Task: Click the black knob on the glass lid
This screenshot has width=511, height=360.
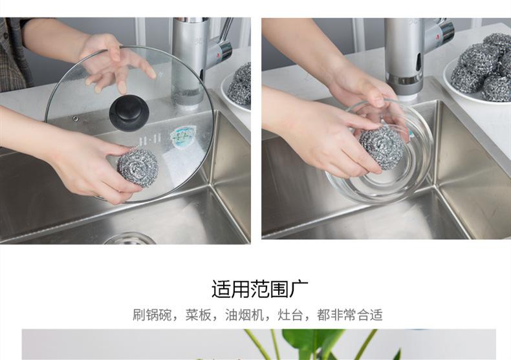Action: pyautogui.click(x=129, y=112)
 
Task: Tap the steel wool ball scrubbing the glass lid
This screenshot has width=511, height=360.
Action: pyautogui.click(x=138, y=167)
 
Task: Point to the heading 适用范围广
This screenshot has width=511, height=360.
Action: pyautogui.click(x=260, y=289)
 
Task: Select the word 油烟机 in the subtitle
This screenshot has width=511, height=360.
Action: pyautogui.click(x=245, y=315)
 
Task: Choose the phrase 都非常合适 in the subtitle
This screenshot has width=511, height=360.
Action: pyautogui.click(x=350, y=315)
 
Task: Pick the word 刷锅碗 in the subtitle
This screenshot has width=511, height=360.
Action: pyautogui.click(x=152, y=315)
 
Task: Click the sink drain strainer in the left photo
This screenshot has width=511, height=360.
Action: pyautogui.click(x=130, y=238)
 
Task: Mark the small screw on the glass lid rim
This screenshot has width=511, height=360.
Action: pyautogui.click(x=76, y=119)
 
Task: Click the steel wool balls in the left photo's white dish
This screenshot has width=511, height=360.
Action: pyautogui.click(x=239, y=84)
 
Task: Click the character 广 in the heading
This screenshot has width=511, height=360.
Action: pyautogui.click(x=299, y=289)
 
